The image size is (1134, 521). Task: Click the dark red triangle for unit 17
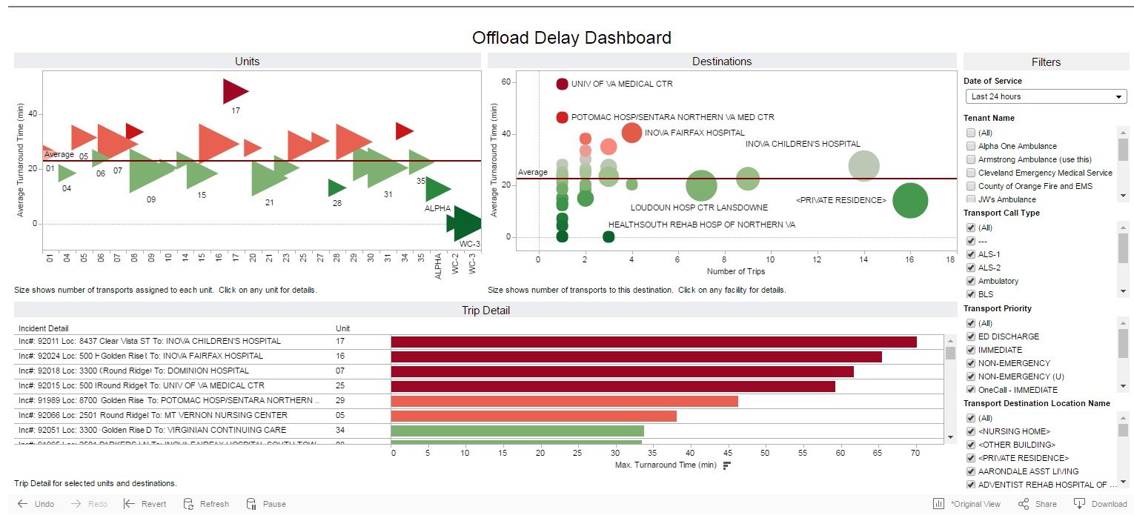pyautogui.click(x=234, y=91)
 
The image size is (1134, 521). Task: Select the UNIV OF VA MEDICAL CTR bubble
pyautogui.click(x=562, y=84)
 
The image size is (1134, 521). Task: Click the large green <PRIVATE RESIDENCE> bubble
pyautogui.click(x=909, y=200)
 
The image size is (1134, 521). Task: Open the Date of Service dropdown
pyautogui.click(x=1046, y=96)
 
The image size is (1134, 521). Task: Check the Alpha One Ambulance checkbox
pyautogui.click(x=971, y=146)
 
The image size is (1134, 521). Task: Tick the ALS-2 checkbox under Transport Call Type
pyautogui.click(x=971, y=268)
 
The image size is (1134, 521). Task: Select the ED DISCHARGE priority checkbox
pyautogui.click(x=971, y=336)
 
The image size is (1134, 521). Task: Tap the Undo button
pyautogui.click(x=36, y=504)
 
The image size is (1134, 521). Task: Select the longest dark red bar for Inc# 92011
pyautogui.click(x=652, y=342)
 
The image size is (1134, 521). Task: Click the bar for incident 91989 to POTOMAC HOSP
pyautogui.click(x=563, y=401)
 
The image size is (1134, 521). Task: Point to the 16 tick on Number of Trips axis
pyautogui.click(x=909, y=260)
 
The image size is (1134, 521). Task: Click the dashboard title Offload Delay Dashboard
pyautogui.click(x=571, y=38)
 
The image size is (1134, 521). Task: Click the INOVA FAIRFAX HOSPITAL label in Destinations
pyautogui.click(x=694, y=133)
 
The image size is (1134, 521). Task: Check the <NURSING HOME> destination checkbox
pyautogui.click(x=971, y=431)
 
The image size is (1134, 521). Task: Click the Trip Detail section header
pyautogui.click(x=485, y=311)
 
